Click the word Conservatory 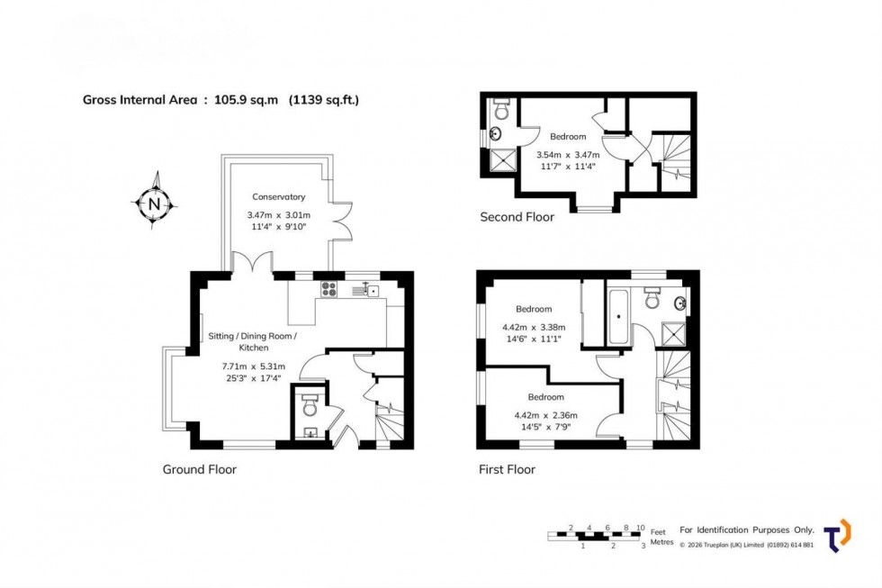(x=278, y=196)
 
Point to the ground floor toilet (x=309, y=404)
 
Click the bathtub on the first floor (x=620, y=316)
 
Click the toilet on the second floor (x=501, y=112)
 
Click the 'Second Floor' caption (x=517, y=217)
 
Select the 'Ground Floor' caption (x=199, y=469)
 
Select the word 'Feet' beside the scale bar (x=658, y=529)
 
